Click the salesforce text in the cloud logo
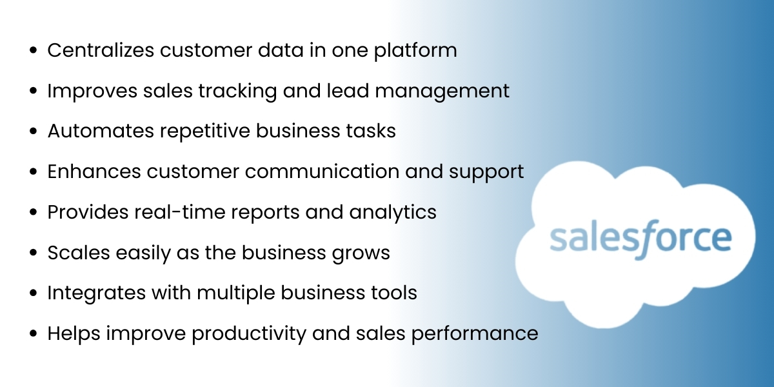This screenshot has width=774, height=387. pos(640,239)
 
